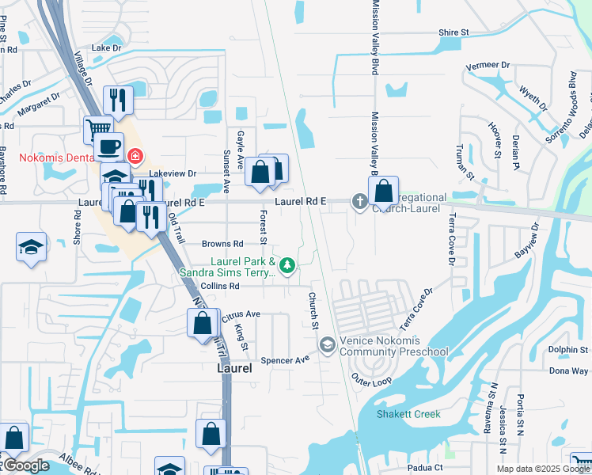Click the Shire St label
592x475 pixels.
pos(454,32)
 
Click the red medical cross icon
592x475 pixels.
pos(135,156)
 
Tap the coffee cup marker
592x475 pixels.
pos(108,146)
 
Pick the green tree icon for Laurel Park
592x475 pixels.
pos(289,266)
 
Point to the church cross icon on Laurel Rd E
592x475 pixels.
pos(360,201)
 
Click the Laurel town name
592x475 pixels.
pos(235,368)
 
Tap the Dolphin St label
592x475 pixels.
pos(568,349)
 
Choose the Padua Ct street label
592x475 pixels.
pos(426,468)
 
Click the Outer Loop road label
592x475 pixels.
pos(371,380)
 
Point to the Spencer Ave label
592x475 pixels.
pos(290,359)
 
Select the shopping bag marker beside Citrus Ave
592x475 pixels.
pos(203,324)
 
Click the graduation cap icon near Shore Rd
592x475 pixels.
pos(31,247)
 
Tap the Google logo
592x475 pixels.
pos(25,466)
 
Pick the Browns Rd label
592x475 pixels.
pos(222,244)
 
